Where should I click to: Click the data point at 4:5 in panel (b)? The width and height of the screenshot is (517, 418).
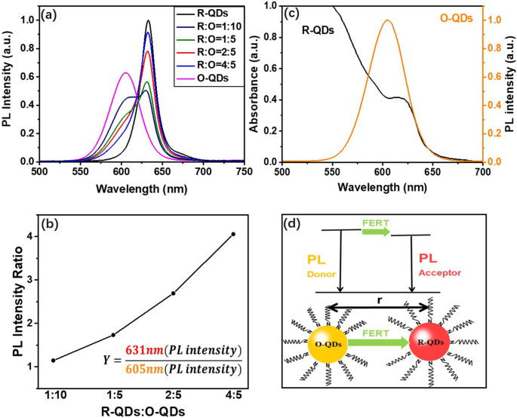click(x=233, y=234)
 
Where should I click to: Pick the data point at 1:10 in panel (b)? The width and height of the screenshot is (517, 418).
click(x=53, y=361)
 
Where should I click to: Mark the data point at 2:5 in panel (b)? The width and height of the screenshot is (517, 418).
click(x=174, y=293)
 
